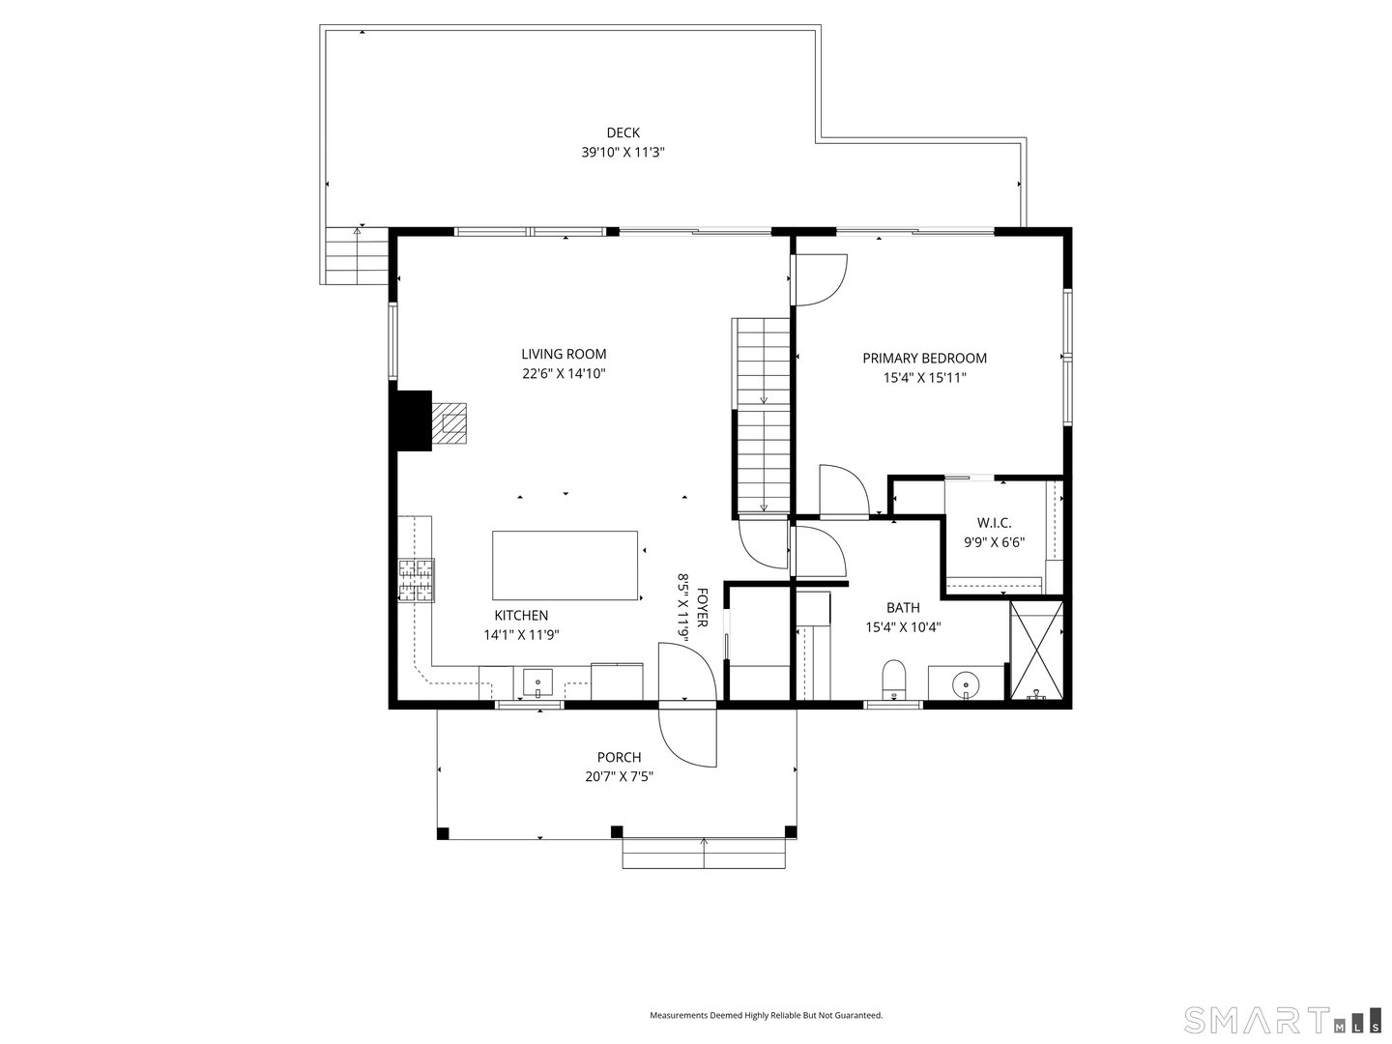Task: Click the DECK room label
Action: tap(623, 133)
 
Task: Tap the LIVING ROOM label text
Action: tap(564, 355)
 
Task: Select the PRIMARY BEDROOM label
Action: tap(924, 359)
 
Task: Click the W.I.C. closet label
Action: tap(994, 523)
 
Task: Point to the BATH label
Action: tap(903, 608)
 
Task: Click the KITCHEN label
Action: tap(521, 616)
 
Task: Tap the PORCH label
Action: tap(619, 758)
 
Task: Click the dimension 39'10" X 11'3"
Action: tap(623, 153)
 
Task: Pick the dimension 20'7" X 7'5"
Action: tap(619, 776)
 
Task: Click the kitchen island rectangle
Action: tap(565, 565)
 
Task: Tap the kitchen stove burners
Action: tap(418, 581)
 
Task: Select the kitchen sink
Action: tap(537, 683)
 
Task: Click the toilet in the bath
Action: tap(894, 679)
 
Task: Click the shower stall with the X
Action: tap(1036, 649)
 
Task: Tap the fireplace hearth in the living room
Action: tap(449, 422)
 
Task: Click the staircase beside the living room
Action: tap(763, 416)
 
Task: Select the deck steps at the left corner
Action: tap(356, 255)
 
